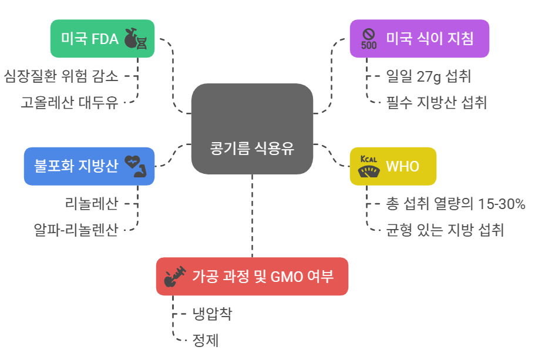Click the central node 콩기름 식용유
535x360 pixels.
click(252, 129)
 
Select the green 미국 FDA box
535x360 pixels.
click(102, 39)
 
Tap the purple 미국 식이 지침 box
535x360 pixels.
click(419, 39)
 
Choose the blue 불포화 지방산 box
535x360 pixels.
click(89, 166)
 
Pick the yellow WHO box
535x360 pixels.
click(393, 166)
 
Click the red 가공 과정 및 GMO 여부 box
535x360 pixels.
click(252, 277)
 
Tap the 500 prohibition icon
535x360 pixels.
click(369, 39)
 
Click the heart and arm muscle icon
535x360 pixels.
click(135, 166)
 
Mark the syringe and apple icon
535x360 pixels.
click(175, 277)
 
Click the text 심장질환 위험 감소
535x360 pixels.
click(61, 76)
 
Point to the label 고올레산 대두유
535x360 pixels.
click(69, 103)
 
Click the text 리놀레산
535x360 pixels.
click(92, 203)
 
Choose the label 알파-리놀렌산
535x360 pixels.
click(76, 230)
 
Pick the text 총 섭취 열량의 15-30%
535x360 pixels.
click(455, 203)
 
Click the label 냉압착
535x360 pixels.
click(212, 314)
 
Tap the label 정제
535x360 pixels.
click(206, 340)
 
